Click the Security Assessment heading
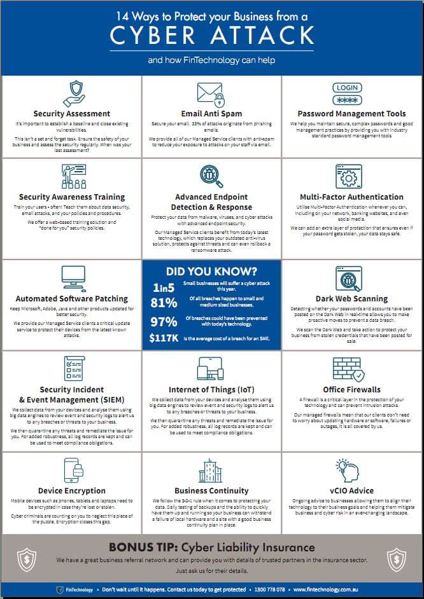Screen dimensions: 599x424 point(72,114)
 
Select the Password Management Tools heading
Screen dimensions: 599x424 point(351,114)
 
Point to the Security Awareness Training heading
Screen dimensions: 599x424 point(72,197)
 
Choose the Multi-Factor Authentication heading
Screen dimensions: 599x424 point(351,197)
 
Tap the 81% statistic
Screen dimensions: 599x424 point(164,303)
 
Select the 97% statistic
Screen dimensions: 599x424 point(164,320)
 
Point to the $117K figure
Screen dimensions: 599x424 point(164,338)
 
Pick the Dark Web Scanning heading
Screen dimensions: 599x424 point(351,299)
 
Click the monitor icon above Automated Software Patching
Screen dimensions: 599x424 point(71,277)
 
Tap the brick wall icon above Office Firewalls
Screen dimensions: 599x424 point(348,368)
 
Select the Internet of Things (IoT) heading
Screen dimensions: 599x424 point(211,390)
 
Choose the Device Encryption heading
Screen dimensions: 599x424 point(72,491)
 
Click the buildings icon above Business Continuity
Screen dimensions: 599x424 point(211,470)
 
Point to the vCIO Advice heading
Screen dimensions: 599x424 point(351,491)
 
